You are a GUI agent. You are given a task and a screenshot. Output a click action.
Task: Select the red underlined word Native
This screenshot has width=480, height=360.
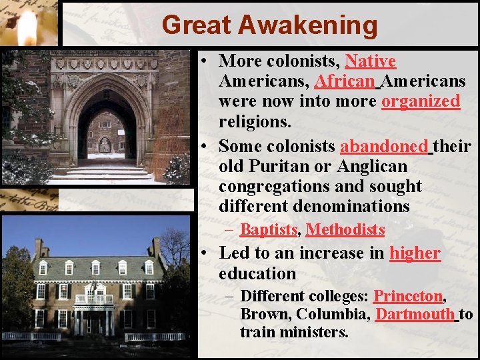pyautogui.click(x=370, y=61)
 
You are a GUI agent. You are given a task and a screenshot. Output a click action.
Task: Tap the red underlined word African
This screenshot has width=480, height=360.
pyautogui.click(x=345, y=81)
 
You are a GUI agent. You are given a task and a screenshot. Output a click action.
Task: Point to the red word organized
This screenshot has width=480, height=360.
pyautogui.click(x=420, y=101)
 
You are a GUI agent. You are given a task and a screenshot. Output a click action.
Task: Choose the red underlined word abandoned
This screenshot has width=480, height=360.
pyautogui.click(x=383, y=146)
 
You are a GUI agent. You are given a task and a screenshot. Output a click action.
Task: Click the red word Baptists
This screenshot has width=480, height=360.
pyautogui.click(x=268, y=230)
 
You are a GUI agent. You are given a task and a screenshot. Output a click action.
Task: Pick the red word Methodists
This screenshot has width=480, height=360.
pyautogui.click(x=345, y=230)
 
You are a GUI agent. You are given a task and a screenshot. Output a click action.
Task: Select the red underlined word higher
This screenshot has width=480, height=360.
pyautogui.click(x=415, y=253)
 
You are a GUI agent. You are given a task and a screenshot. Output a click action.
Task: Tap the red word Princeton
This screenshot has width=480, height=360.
pyautogui.click(x=407, y=296)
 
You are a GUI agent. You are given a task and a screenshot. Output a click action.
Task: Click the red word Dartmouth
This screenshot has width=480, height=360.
pyautogui.click(x=415, y=314)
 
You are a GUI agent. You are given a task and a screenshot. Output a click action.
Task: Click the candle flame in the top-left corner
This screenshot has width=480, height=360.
pyautogui.click(x=27, y=27)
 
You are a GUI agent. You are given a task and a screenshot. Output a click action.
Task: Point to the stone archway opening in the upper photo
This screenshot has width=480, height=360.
pyautogui.click(x=105, y=130)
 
